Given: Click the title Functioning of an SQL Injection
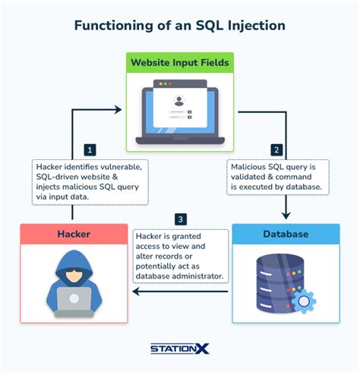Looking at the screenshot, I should (179, 26).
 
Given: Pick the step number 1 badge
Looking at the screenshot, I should (90, 149).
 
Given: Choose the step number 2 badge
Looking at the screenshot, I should (276, 149).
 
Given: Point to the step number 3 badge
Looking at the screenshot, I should (179, 219).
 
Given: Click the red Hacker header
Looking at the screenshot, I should (73, 234).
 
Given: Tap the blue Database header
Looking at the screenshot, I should (286, 234).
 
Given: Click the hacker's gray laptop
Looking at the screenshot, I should (74, 297).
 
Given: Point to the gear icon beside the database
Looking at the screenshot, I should (303, 300).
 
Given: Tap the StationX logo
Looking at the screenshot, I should (180, 348).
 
